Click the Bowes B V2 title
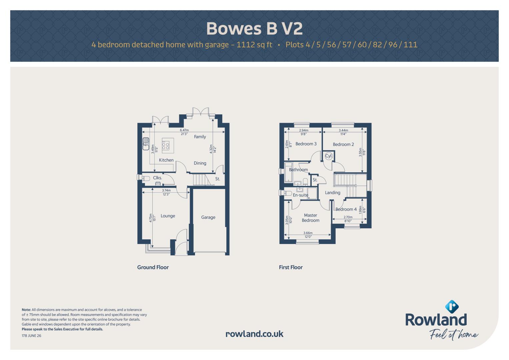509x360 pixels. pos(254,29)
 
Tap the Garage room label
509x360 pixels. pos(208,217)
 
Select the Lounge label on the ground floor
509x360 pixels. pos(168,216)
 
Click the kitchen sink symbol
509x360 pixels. pos(146,144)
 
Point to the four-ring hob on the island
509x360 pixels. pos(166,145)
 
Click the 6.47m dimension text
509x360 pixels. pos(184,130)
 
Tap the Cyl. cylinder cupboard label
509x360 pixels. pos(329,156)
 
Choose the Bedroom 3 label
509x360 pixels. pos(306,144)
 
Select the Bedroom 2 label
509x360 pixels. pos(343,144)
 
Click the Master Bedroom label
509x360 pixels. pos(310,218)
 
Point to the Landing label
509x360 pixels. pos(332,193)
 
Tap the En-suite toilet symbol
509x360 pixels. pos(288,193)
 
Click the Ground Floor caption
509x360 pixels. pos(153,267)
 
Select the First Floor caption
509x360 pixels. pos(291,267)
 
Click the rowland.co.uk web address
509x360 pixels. pos(254,334)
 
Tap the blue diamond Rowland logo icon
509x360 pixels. pos(452,307)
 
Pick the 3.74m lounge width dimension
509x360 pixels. pos(166,190)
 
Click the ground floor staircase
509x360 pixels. pos(202,180)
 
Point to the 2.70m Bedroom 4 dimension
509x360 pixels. pos(348,217)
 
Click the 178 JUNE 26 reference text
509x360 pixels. pos(31,336)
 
